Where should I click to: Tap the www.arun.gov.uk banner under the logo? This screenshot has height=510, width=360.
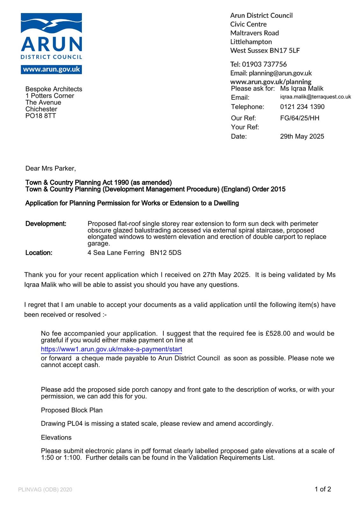pos(51,69)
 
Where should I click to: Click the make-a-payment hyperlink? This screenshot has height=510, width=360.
pos(112,349)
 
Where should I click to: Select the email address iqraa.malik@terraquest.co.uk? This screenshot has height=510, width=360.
pos(315,97)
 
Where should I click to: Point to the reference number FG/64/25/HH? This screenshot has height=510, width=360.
pos(299,118)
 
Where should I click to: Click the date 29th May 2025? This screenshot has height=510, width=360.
pos(302,136)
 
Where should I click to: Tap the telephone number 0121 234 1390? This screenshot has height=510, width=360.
pos(302,107)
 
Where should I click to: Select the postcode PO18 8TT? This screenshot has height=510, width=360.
pos(40,116)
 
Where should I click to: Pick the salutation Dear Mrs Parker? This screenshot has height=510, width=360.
pos(51,168)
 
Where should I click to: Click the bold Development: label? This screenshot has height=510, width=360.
pos(46,224)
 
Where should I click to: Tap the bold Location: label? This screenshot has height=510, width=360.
pos(39,253)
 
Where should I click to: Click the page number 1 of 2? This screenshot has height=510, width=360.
pos(323,489)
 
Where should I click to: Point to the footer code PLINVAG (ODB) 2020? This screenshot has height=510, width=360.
pos(45,490)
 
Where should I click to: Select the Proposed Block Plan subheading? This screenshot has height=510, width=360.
pos(72,410)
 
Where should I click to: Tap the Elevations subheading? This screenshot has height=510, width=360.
pos(56,437)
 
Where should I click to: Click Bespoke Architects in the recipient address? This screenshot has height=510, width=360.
pos(54,89)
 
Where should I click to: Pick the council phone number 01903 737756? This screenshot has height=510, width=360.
pos(264,64)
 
